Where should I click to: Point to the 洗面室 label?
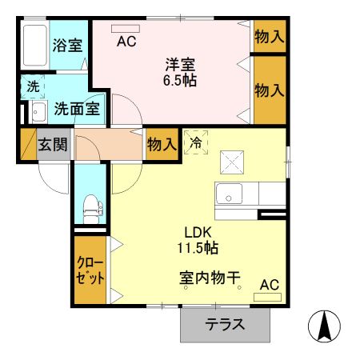point(77,109)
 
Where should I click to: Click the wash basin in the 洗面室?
point(35,110)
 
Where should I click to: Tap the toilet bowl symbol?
point(90,207)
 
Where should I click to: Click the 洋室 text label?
point(181,63)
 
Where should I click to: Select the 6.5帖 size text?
point(181,81)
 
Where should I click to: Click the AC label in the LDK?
point(269,283)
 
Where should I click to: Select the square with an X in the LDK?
point(232,162)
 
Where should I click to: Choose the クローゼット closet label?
point(89,270)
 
